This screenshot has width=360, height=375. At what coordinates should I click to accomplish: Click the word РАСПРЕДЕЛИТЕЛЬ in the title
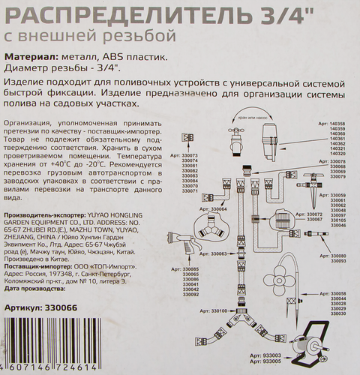tap(104, 14)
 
